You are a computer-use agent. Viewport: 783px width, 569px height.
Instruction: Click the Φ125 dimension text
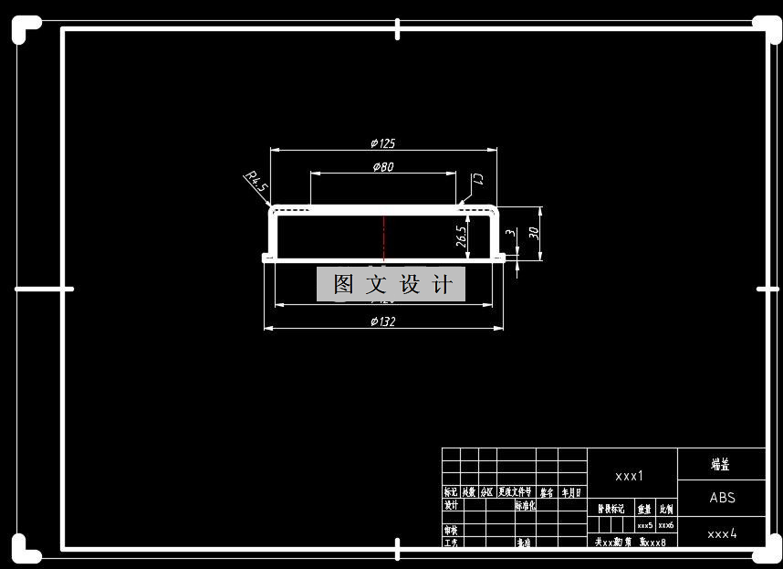tap(383, 143)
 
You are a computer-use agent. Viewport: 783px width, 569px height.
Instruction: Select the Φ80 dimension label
tap(383, 167)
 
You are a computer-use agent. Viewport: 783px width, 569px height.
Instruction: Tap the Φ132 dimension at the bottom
tap(383, 321)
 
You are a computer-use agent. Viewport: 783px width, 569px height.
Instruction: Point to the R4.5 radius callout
tap(256, 180)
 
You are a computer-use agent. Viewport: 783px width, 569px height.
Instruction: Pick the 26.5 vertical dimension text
tap(462, 236)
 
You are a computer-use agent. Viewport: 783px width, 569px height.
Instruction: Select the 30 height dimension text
tap(534, 233)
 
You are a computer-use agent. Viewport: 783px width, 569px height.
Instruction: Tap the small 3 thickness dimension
tap(511, 234)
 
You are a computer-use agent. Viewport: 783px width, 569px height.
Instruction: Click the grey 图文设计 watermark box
tap(391, 284)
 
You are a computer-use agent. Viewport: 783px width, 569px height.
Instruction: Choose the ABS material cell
tap(722, 498)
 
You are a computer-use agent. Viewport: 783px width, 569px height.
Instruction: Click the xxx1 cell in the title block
tap(630, 476)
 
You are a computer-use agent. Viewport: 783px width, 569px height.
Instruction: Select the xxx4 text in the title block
tap(722, 533)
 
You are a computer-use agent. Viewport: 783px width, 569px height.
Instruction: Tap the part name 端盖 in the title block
tap(721, 465)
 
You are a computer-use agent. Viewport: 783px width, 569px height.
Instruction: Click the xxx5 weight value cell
tap(644, 526)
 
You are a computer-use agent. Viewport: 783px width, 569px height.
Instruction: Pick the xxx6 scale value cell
tap(666, 526)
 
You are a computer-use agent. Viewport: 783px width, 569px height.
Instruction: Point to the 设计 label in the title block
tap(451, 505)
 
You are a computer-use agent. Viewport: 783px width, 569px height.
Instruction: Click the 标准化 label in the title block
tap(526, 505)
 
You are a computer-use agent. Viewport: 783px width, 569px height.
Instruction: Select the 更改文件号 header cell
tap(516, 492)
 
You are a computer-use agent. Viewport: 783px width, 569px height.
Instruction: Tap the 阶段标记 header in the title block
tap(611, 509)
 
